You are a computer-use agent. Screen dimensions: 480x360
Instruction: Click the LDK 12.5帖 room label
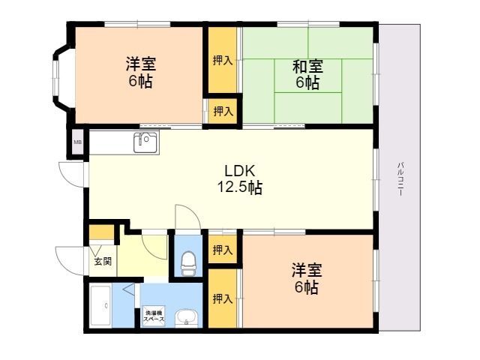[240, 179]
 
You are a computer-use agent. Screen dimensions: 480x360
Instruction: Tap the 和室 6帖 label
[307, 74]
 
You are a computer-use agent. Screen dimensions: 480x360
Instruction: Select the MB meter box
[78, 142]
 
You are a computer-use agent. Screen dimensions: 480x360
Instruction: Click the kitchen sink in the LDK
[146, 142]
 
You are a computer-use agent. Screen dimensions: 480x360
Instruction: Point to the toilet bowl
[188, 264]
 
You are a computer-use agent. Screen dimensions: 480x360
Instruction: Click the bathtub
[100, 305]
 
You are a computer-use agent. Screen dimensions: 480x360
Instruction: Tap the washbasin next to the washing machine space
[186, 318]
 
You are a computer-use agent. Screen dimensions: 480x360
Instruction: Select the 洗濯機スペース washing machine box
[154, 316]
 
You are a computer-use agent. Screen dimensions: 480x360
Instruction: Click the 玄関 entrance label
[103, 262]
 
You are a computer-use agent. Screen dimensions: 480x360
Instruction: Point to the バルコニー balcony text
[400, 178]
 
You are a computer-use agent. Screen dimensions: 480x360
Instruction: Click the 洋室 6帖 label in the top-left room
[140, 72]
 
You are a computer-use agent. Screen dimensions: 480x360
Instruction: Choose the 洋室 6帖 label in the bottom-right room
[307, 278]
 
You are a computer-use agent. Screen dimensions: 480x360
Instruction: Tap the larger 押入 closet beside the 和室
[223, 60]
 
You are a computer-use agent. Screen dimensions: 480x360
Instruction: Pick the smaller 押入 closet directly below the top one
[223, 111]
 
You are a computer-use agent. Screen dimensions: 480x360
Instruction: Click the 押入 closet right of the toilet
[223, 250]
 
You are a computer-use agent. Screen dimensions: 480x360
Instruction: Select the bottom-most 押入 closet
[223, 298]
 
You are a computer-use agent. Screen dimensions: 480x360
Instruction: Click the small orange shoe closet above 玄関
[101, 232]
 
